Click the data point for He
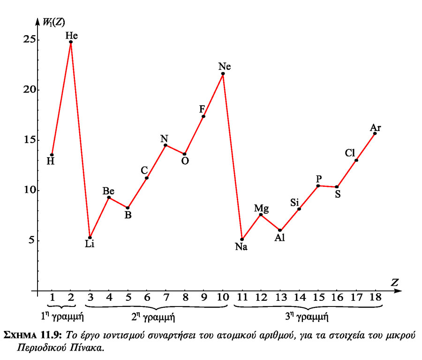pyautogui.click(x=71, y=42)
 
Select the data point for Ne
pyautogui.click(x=223, y=74)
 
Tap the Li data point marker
pyautogui.click(x=90, y=237)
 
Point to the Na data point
pyautogui.click(x=242, y=239)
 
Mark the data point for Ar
pyautogui.click(x=375, y=133)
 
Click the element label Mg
pyautogui.click(x=261, y=207)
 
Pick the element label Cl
pyautogui.click(x=351, y=153)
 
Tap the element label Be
pyautogui.click(x=108, y=191)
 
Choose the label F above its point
pyautogui.click(x=202, y=109)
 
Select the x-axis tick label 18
pyautogui.click(x=375, y=298)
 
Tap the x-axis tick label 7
pyautogui.click(x=166, y=298)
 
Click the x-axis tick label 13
pyautogui.click(x=280, y=298)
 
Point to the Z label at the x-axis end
pyautogui.click(x=395, y=282)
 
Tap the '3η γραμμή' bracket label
pyautogui.click(x=306, y=317)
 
